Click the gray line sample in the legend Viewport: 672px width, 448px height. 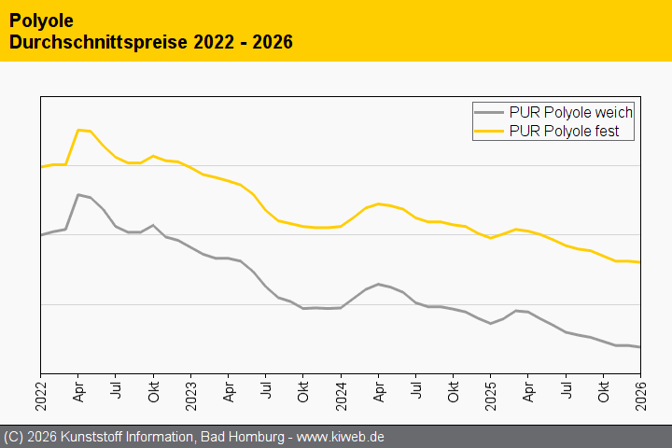(491, 112)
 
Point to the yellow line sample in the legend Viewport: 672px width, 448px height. (491, 132)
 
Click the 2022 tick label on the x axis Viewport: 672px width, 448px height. (41, 389)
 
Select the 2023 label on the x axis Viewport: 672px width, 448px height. (190, 389)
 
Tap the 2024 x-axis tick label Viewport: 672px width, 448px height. (341, 389)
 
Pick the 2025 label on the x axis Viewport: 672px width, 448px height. (490, 389)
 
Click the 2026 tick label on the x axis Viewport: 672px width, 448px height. (640, 389)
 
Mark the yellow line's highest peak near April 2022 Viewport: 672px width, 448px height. (78, 130)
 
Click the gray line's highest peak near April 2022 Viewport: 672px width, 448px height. (78, 194)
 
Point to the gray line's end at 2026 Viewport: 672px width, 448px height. (639, 347)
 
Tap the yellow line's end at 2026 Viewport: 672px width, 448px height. (639, 262)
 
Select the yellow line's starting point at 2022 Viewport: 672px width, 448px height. (41, 167)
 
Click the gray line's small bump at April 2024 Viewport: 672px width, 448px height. (378, 284)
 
